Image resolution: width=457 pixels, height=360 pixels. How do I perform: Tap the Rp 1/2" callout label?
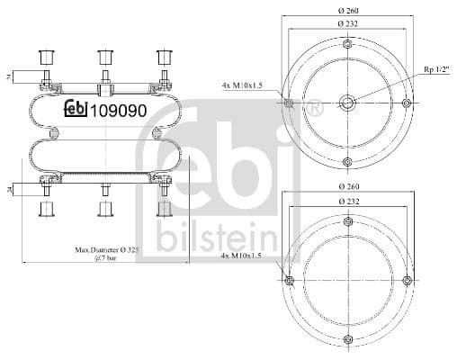point(437,69)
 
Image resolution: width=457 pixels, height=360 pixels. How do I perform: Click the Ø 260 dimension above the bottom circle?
point(346,186)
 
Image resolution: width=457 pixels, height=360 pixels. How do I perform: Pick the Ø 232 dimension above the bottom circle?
point(346,200)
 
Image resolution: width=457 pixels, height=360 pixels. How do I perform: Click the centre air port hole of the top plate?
point(347,103)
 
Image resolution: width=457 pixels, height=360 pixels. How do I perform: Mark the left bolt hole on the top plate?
point(288,103)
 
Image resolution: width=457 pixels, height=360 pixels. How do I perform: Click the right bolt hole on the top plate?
point(407,103)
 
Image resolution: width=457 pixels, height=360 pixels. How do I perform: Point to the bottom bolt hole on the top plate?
point(347,162)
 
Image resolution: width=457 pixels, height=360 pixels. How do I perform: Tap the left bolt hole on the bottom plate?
point(288,282)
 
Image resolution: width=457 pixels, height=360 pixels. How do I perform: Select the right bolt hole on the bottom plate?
point(407,282)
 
